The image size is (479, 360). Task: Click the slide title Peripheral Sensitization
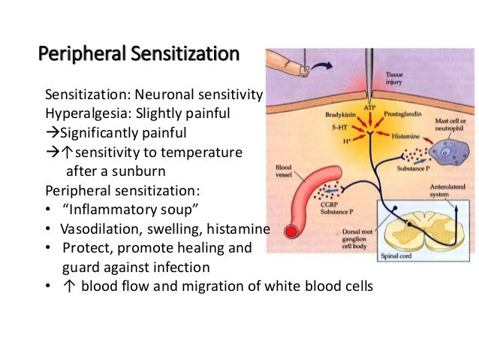[x=139, y=55]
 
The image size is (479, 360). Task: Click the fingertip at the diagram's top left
[x=300, y=69]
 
